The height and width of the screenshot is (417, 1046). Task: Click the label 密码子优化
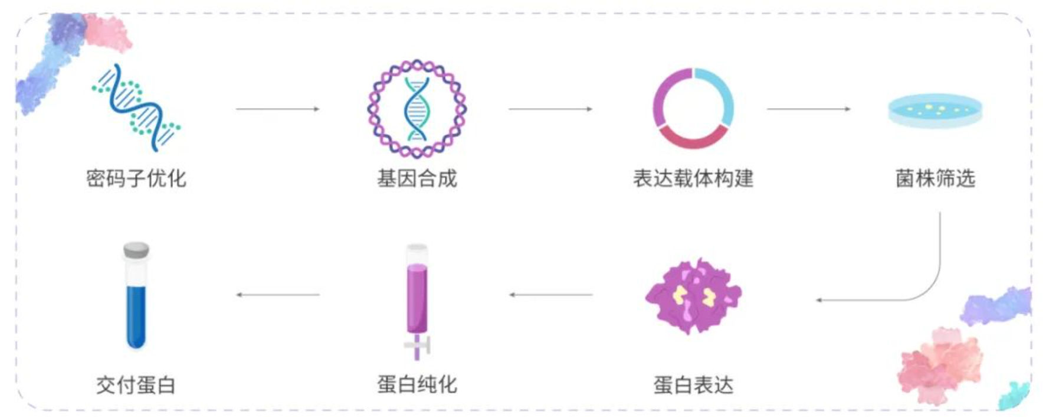click(x=136, y=178)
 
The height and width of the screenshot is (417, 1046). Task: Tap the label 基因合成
click(x=417, y=178)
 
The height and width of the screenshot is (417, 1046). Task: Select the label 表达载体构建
click(x=693, y=178)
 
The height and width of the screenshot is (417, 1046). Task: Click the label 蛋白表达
click(x=693, y=385)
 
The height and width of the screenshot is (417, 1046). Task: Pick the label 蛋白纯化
click(x=417, y=385)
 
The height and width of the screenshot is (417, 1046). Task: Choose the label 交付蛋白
click(x=136, y=385)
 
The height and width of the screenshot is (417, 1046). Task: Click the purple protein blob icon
click(x=693, y=296)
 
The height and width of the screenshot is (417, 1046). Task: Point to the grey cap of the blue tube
click(x=136, y=250)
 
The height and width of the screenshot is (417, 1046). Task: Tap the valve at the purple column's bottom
click(x=417, y=346)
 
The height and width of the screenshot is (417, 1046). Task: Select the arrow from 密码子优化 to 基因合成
click(x=277, y=109)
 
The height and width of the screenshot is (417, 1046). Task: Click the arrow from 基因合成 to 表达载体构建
click(x=550, y=109)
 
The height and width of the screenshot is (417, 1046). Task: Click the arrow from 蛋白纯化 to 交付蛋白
click(x=277, y=294)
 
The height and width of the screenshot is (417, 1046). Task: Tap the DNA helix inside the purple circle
click(x=417, y=109)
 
